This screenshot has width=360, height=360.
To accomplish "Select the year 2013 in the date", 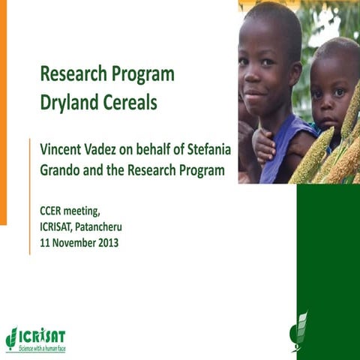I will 105,242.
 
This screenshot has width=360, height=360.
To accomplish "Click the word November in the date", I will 70,242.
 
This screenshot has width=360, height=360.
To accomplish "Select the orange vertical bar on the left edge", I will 3,112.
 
